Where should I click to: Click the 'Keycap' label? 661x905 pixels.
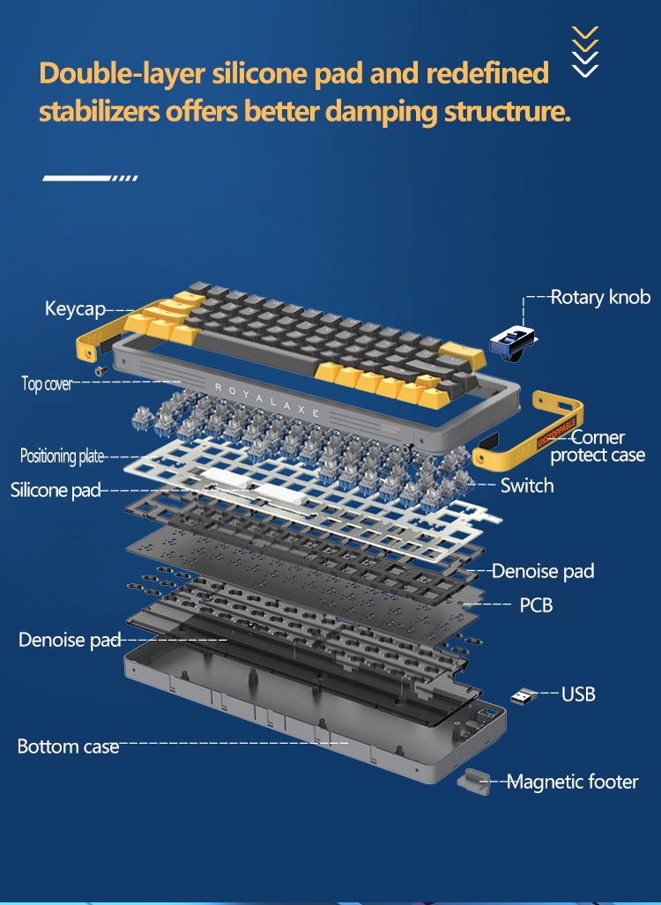point(75,308)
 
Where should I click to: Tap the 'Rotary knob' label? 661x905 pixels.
point(600,297)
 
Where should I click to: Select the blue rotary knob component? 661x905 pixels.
point(513,344)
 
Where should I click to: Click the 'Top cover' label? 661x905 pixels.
point(47,383)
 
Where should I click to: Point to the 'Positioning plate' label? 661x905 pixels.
point(62,456)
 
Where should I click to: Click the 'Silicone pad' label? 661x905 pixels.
point(56,490)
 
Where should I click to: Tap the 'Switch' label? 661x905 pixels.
point(526,486)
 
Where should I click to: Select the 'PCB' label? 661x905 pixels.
point(536,605)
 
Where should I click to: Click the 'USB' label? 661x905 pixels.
point(578,694)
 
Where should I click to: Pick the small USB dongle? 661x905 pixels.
point(523,696)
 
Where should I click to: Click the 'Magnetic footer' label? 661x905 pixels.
point(572,782)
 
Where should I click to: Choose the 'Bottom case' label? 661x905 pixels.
point(68,746)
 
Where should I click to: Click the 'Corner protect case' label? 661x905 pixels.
point(598,446)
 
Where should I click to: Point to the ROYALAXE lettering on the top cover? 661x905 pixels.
point(267,399)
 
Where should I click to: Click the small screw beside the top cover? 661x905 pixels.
point(101,370)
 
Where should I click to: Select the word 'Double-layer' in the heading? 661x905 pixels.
point(123,74)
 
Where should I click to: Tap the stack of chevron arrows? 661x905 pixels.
point(585,51)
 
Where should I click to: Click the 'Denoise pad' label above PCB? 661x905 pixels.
point(543,571)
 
